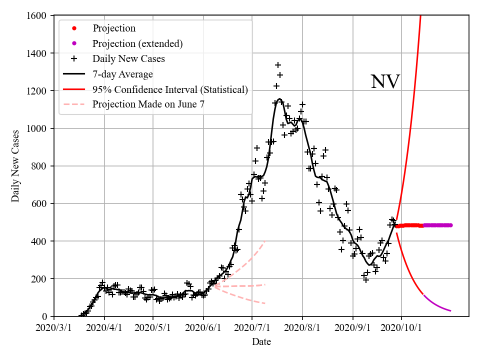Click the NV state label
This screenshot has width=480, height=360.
point(385,82)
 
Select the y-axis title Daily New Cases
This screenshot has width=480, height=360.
point(15,165)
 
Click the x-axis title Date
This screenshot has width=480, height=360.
point(261,342)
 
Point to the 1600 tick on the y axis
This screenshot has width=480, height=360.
point(38,16)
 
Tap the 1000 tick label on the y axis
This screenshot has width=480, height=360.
point(38,128)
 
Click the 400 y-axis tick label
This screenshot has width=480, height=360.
point(40,241)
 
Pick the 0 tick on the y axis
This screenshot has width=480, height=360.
point(45,316)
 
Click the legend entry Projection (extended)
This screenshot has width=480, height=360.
point(137,43)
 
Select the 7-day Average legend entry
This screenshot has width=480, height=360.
point(122,74)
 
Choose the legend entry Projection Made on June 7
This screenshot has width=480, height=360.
point(148,104)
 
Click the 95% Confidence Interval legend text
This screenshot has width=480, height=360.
point(170,89)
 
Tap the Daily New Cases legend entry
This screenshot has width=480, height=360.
point(128,59)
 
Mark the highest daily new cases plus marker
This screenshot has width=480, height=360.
point(278,65)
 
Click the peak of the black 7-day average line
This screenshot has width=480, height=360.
point(279,99)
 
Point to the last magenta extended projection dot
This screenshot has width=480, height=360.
point(450,225)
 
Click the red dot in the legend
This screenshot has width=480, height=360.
point(74,28)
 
